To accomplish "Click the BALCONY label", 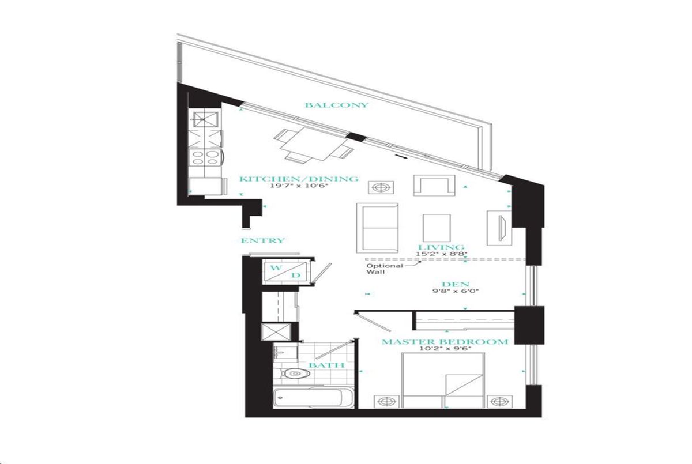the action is click(x=337, y=105).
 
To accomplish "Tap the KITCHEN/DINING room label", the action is click(x=299, y=179).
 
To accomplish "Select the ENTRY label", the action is click(x=262, y=240).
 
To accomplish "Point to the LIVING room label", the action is click(x=441, y=247).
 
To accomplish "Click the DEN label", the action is click(x=456, y=284).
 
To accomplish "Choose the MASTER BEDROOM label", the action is click(x=445, y=342).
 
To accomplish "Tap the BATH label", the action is click(x=326, y=365).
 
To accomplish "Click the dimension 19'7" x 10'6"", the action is click(x=299, y=186).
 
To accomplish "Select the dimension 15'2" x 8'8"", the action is click(x=441, y=254).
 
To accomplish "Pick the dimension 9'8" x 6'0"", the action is click(x=456, y=291).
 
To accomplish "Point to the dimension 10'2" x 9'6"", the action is click(x=445, y=349).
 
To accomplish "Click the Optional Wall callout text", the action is click(x=385, y=269).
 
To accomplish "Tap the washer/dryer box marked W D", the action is click(x=285, y=271).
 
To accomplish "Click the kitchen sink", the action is click(x=205, y=119).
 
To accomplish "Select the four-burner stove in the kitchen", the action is click(x=205, y=157).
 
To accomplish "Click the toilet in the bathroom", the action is click(x=292, y=374).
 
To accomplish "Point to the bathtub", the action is click(x=313, y=398).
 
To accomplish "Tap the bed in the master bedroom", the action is click(x=443, y=380).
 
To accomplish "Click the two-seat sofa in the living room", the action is click(x=377, y=228).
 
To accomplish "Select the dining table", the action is click(x=313, y=145).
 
